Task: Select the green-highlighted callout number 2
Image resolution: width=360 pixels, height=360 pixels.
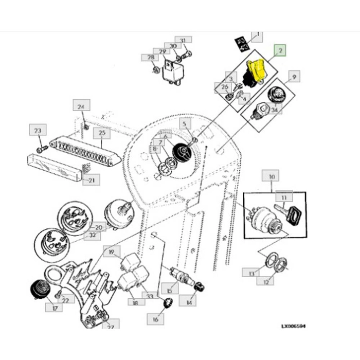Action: (280, 50)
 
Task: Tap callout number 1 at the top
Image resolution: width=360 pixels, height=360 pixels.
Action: (257, 36)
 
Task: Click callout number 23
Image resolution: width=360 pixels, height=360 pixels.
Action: (37, 131)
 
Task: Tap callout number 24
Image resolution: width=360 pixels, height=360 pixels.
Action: (80, 106)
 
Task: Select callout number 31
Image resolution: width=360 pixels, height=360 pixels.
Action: (182, 40)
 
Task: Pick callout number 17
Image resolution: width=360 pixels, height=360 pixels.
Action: (54, 308)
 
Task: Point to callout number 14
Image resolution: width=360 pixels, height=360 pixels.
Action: (191, 302)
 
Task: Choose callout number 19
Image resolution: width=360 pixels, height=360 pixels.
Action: (109, 252)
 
